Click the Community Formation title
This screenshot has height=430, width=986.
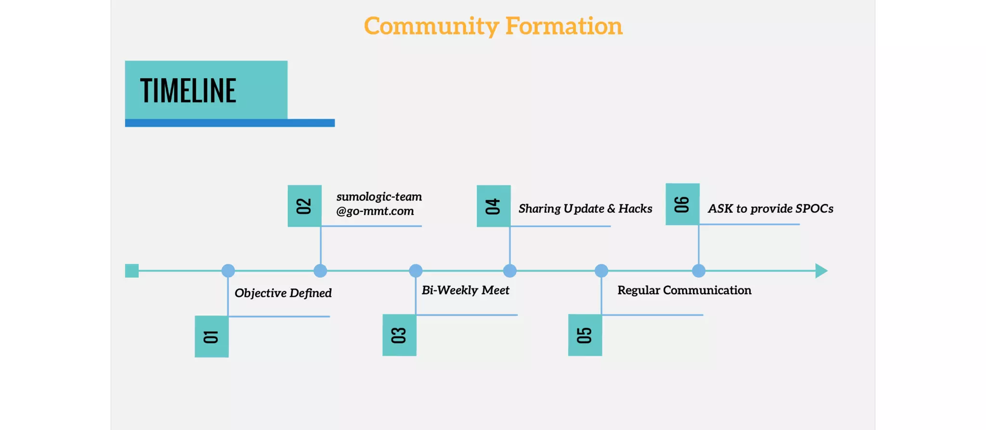(493, 26)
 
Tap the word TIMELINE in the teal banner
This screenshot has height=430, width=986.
(188, 91)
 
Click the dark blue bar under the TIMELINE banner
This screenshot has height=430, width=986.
(230, 123)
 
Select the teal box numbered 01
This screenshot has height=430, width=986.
(211, 337)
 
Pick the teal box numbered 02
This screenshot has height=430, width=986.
(304, 206)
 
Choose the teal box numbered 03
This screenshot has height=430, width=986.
(399, 335)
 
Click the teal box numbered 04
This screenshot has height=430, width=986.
(493, 206)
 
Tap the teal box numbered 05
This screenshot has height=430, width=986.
(584, 335)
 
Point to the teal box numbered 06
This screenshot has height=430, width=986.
(682, 204)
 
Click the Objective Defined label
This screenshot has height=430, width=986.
(283, 293)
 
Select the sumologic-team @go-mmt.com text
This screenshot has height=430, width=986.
(379, 204)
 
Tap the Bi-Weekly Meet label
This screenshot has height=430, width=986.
(465, 290)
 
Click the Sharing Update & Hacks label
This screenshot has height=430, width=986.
(585, 208)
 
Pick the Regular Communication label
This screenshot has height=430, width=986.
(684, 290)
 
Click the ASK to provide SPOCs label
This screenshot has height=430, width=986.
(770, 208)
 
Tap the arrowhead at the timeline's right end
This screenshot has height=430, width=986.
(821, 271)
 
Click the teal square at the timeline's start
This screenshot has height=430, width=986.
(132, 271)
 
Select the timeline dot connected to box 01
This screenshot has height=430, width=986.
(228, 271)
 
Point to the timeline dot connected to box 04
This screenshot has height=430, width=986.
(510, 271)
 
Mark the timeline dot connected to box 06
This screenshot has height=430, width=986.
(699, 271)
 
